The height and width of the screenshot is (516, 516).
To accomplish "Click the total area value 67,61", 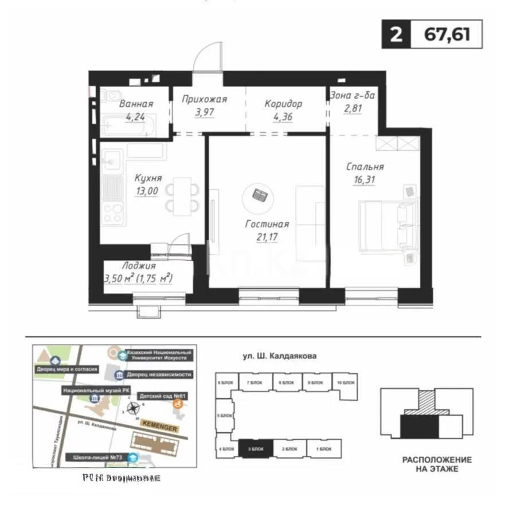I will click(x=447, y=34).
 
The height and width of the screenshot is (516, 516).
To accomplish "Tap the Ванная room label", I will click(x=136, y=104).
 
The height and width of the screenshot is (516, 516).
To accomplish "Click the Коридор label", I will click(x=283, y=104).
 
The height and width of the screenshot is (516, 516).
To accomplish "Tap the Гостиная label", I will click(x=265, y=224).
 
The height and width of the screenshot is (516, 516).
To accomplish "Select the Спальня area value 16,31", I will click(x=365, y=179).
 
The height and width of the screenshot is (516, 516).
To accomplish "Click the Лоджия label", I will click(x=139, y=266).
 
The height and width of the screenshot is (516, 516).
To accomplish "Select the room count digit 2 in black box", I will click(x=396, y=34).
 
